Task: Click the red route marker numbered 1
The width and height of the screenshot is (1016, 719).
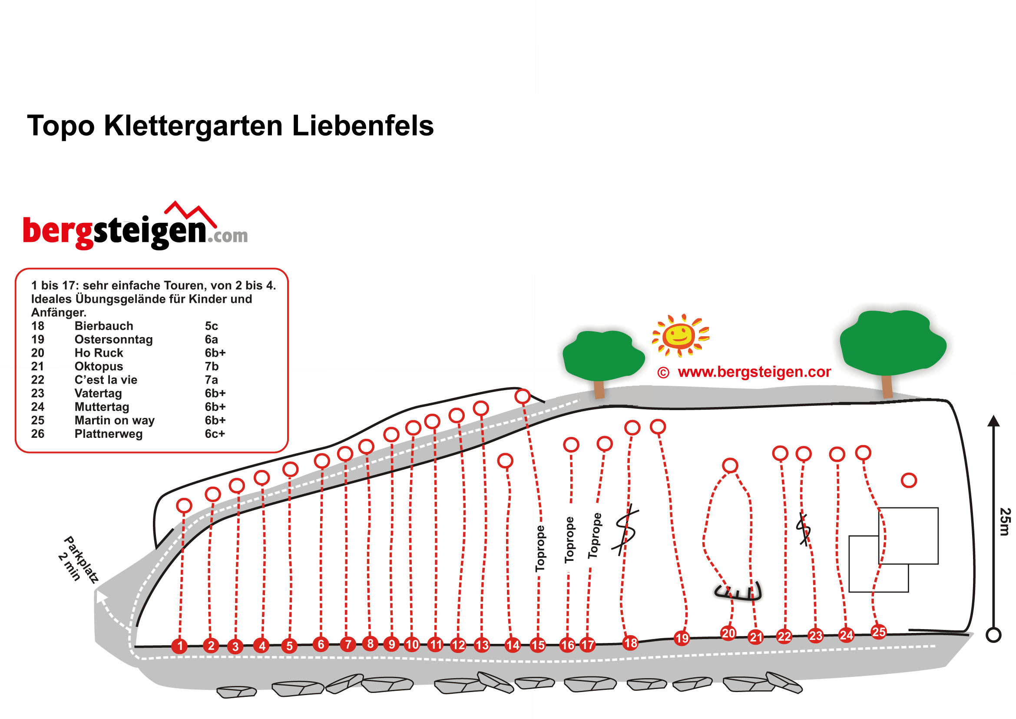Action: click(180, 646)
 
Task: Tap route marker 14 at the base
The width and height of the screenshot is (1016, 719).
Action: click(513, 645)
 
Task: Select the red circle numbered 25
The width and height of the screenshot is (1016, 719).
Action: click(878, 632)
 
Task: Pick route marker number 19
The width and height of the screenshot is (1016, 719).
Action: click(682, 638)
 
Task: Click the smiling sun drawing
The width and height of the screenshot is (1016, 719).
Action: click(679, 335)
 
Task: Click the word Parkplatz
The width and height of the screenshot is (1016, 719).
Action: click(82, 559)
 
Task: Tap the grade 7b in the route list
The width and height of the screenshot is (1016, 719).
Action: click(212, 366)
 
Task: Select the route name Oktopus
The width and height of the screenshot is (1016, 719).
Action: click(99, 366)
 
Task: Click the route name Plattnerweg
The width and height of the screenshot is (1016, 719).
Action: click(109, 434)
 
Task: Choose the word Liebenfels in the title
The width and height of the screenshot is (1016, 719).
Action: click(363, 126)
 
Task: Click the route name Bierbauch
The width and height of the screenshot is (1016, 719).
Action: click(103, 326)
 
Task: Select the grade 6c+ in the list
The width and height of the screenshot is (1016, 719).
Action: click(215, 434)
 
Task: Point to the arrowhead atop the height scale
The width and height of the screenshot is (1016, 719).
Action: click(994, 421)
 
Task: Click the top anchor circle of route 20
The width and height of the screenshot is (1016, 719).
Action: click(730, 465)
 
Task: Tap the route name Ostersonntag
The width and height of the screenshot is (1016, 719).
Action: click(113, 339)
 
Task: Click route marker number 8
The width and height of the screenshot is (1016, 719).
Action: click(370, 643)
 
